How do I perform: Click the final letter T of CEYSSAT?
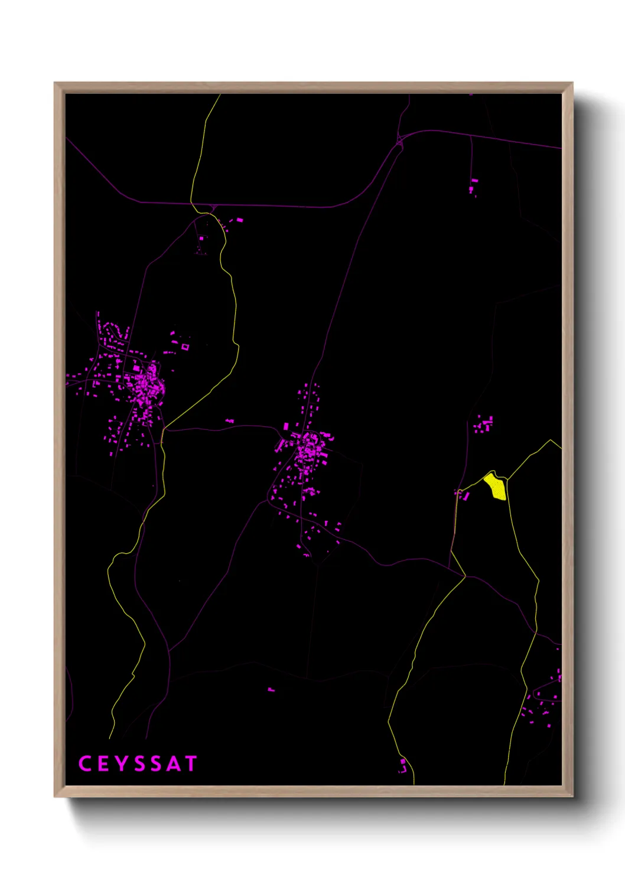pos(191,764)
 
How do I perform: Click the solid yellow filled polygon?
pos(495,487)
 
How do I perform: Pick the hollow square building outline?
pos(185,347)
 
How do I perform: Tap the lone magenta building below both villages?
pos(271,689)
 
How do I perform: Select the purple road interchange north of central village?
pos(400,141)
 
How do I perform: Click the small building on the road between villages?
pos(230,421)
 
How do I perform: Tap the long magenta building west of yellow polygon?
pos(465,496)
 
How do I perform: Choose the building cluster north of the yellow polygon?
pos(483,424)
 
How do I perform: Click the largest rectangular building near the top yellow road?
pos(239,220)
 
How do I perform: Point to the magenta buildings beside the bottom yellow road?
pos(403,767)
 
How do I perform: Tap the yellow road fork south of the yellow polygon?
pos(465,576)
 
